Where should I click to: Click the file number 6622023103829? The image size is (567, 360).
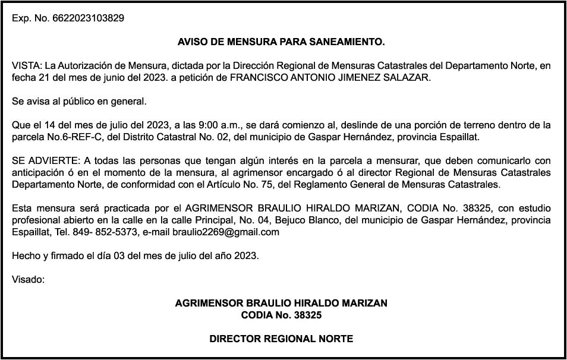coord(88,18)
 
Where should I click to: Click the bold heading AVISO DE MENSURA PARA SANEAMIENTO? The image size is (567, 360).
coord(281,42)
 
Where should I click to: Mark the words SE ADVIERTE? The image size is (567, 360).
coord(45,161)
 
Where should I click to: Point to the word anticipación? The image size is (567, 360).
coord(39,173)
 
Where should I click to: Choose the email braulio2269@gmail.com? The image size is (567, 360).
coord(226,232)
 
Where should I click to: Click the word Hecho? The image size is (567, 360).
coord(24,256)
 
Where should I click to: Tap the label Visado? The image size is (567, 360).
coord(28,279)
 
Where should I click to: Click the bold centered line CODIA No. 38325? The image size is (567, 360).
coord(281,315)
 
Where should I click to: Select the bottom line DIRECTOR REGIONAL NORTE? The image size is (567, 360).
coord(281,339)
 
